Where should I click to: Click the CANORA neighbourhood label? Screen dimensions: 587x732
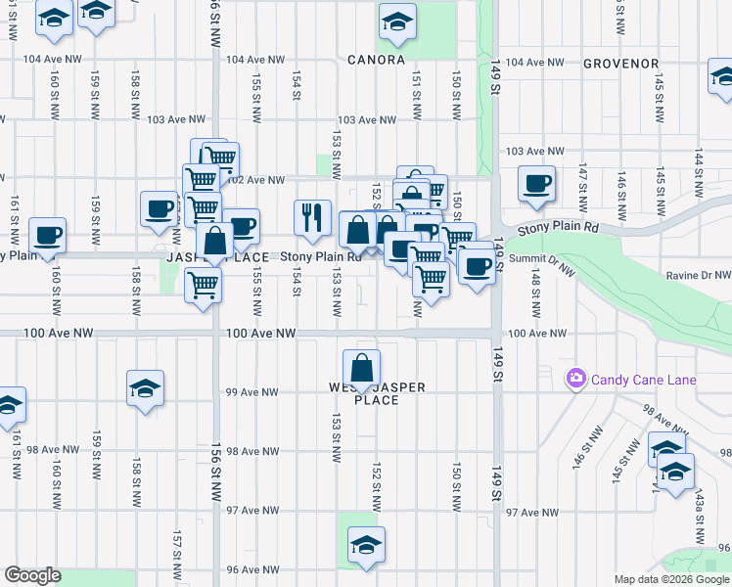[376, 60]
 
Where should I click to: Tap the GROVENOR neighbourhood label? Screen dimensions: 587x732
[620, 64]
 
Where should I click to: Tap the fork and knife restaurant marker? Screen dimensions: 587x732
[312, 218]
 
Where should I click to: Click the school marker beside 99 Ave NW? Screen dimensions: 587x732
[144, 389]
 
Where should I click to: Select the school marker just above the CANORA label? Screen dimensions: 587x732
[397, 23]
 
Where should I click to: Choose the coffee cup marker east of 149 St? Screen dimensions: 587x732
[536, 184]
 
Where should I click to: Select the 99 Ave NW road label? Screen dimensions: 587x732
[252, 392]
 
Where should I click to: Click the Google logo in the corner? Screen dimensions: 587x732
[32, 575]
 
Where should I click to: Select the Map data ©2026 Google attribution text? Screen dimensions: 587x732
[671, 579]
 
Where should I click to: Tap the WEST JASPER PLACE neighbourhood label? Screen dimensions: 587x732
[377, 393]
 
